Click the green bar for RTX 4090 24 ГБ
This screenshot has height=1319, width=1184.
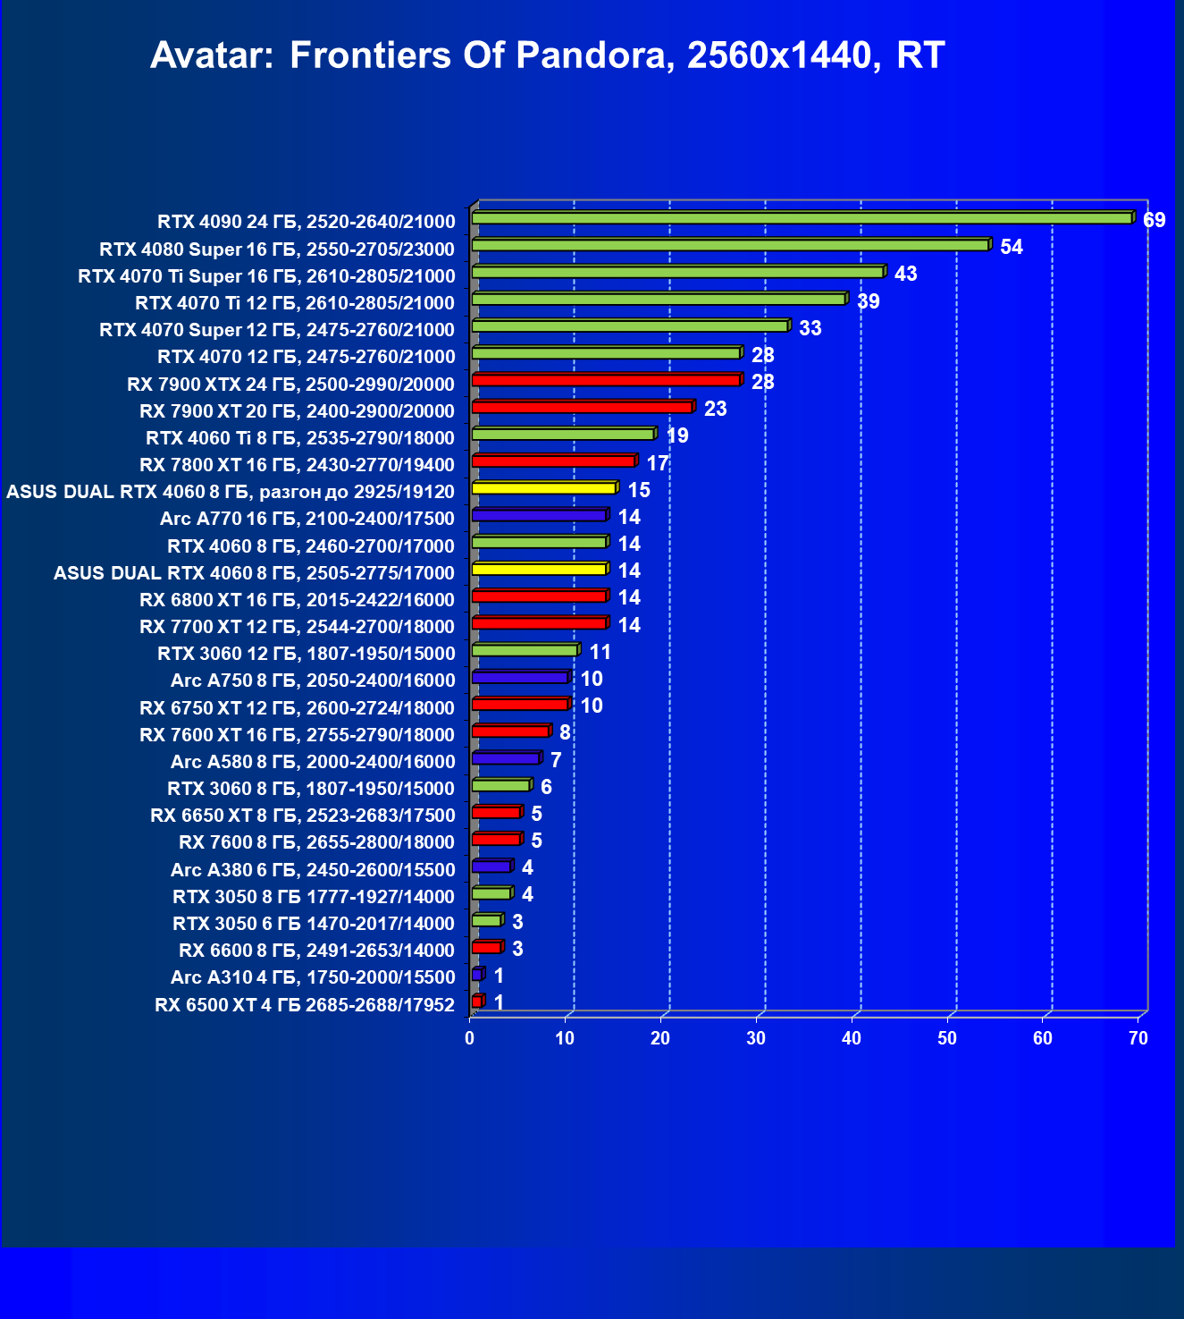tap(801, 218)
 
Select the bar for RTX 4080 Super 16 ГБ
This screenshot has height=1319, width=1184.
tap(729, 245)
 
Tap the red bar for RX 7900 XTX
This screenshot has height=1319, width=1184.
tap(605, 380)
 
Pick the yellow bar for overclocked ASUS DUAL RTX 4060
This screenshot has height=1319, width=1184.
tap(543, 488)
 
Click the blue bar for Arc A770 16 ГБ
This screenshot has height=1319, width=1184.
tap(539, 515)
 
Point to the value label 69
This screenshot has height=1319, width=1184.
tap(1154, 220)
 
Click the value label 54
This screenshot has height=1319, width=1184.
tap(1011, 247)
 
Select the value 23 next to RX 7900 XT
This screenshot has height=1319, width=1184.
tap(715, 409)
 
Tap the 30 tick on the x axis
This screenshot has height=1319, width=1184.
tap(756, 1038)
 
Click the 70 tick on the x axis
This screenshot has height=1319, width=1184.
tap(1138, 1038)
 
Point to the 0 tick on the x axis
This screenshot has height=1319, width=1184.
tap(470, 1038)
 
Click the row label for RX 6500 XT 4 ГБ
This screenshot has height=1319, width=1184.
tap(305, 1004)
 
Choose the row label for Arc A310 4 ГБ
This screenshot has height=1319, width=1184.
tap(313, 977)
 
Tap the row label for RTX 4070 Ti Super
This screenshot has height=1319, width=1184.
tap(266, 276)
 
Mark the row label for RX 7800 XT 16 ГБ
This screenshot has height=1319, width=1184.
tap(297, 465)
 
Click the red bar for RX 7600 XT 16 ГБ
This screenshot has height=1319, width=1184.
tap(510, 731)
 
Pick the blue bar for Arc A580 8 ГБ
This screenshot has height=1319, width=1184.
tap(505, 758)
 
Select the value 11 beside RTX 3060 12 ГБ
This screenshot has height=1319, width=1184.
tap(600, 652)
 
